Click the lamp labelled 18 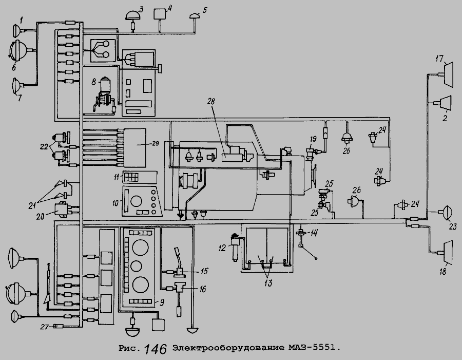pos(447,251)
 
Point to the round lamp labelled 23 pos(446,212)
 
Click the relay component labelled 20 pos(65,210)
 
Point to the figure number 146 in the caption pos(156,349)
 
